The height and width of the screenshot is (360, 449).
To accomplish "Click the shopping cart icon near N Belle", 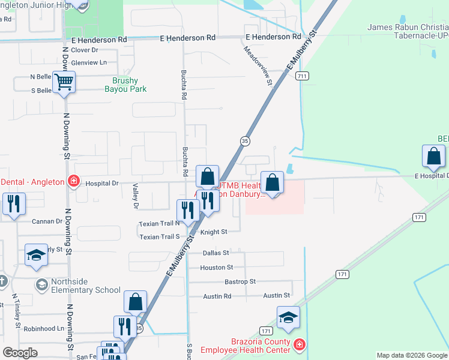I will pos(64,82).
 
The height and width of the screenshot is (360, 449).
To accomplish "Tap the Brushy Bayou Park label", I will pos(125,85).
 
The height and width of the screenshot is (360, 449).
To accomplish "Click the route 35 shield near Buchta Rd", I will pos(245,140).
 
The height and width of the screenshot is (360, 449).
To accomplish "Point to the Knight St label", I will pos(214,232).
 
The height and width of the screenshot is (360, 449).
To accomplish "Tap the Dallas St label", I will pos(216,253).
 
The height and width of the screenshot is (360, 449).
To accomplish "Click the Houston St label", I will pos(216,268).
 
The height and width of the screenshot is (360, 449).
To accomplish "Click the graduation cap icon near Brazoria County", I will pos(288,317).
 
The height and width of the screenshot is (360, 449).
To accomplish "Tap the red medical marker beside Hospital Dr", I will pos(74,181).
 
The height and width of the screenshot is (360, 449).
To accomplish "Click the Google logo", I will pos(20,353).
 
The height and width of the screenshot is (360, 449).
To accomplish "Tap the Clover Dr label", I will pos(85,50).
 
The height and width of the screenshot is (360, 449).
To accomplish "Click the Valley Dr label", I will pos(136,197).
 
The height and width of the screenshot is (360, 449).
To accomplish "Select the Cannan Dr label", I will pos(50,221).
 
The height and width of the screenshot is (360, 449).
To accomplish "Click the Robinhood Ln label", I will pos(44,329).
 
